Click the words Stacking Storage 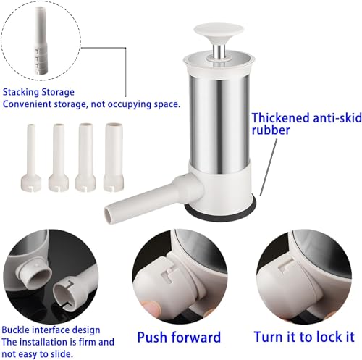(38, 91)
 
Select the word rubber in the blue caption (269, 132)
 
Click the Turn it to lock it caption (302, 336)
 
